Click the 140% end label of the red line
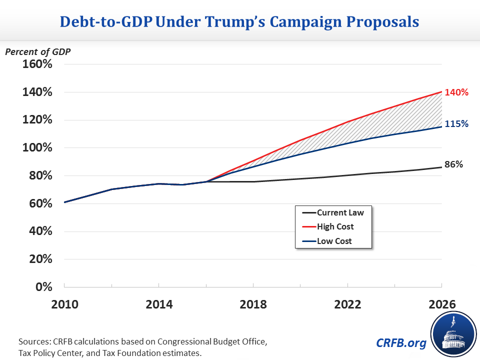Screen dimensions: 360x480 click(x=457, y=92)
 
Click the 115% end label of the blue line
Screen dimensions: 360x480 click(x=457, y=123)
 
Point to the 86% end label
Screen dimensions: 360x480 click(x=454, y=164)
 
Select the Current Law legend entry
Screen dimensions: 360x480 click(x=340, y=212)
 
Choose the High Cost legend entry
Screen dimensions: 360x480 click(x=335, y=226)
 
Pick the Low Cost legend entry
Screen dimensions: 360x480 click(x=334, y=241)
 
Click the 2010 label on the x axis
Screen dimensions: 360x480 click(x=64, y=304)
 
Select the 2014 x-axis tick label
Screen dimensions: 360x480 click(x=158, y=304)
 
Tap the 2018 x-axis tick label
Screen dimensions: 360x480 click(x=253, y=304)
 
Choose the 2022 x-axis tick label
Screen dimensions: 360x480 click(x=348, y=304)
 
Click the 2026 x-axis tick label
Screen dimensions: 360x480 click(x=442, y=304)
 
